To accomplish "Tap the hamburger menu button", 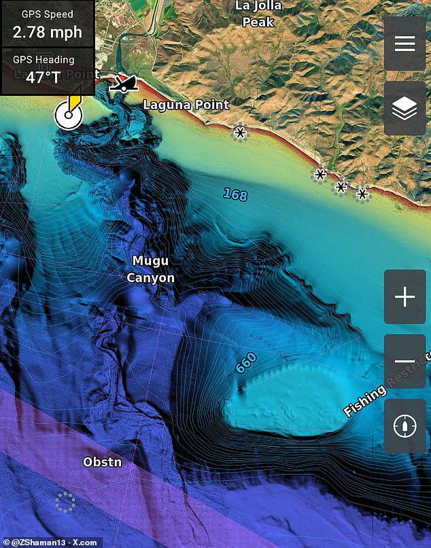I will click(404, 44).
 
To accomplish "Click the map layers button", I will click(404, 108).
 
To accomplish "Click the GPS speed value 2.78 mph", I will click(47, 31).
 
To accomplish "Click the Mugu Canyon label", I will click(150, 269).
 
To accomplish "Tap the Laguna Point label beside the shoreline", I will click(186, 105).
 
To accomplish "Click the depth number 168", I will click(235, 195).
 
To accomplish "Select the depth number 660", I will click(246, 362).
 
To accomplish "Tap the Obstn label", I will click(102, 462).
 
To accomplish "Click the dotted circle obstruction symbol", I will click(65, 502).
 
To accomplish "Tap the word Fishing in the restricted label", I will click(364, 400).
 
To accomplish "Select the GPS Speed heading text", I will click(47, 14).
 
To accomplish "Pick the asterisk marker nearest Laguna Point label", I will click(240, 133).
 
